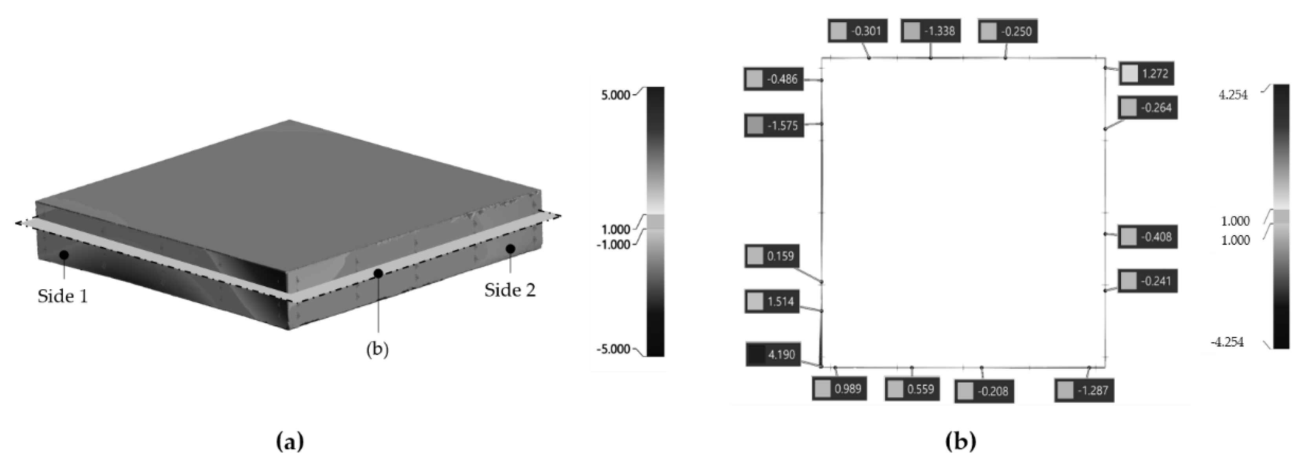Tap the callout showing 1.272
click(x=1146, y=74)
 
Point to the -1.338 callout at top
click(x=930, y=31)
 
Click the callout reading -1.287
click(x=1084, y=391)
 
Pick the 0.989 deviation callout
click(x=839, y=389)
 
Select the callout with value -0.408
click(x=1148, y=237)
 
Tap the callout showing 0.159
click(x=772, y=256)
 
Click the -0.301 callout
click(x=857, y=31)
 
